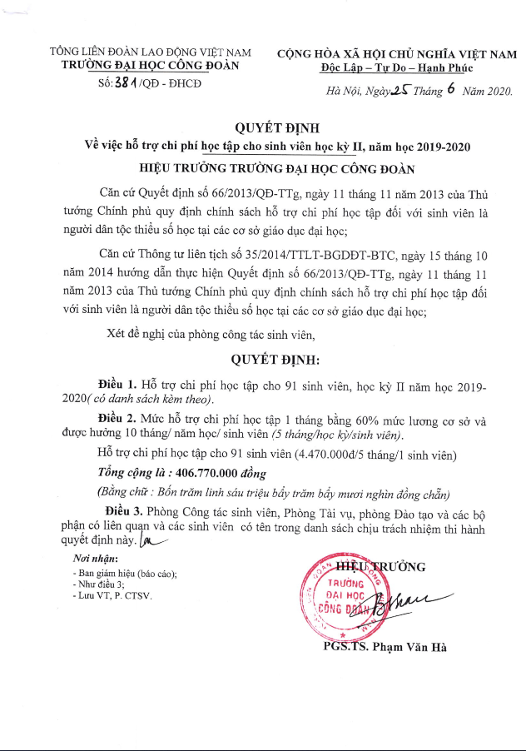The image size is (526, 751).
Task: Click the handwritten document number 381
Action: (x=126, y=83)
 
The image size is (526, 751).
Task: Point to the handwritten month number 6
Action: (x=450, y=88)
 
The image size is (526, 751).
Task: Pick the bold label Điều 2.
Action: (x=117, y=421)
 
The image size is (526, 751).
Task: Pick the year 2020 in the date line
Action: (x=494, y=92)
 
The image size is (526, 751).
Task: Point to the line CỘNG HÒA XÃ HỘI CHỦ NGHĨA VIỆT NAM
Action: (x=396, y=52)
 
